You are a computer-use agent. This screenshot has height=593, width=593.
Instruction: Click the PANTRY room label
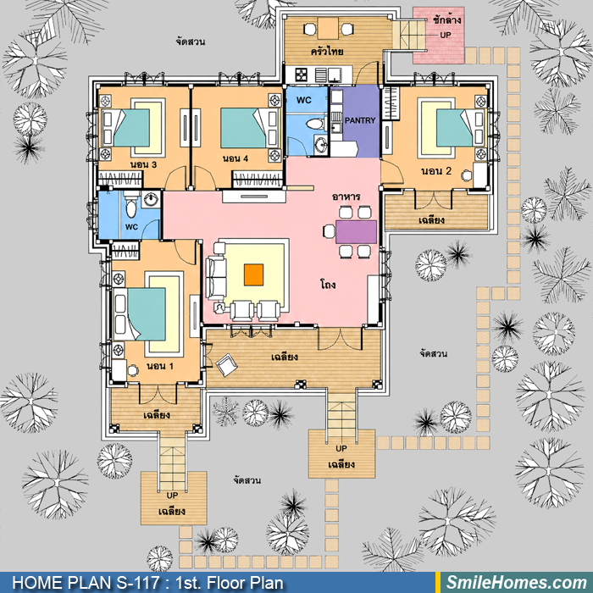(x=360, y=120)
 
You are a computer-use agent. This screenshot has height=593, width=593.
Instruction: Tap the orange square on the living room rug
(x=253, y=275)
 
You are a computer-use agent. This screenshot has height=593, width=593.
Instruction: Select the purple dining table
(x=357, y=232)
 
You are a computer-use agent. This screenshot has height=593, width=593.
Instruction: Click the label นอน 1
(x=160, y=366)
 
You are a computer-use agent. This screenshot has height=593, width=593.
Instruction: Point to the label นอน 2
(x=436, y=171)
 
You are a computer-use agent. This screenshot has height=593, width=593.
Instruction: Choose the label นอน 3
(x=143, y=164)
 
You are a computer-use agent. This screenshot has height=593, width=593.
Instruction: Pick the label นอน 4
(x=236, y=158)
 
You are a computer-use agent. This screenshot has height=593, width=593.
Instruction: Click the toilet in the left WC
(x=130, y=206)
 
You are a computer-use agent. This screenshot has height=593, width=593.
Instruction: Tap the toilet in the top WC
(x=316, y=124)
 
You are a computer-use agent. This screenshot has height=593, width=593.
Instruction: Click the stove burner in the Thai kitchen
(x=301, y=75)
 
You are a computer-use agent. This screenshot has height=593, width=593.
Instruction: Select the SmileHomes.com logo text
(x=517, y=583)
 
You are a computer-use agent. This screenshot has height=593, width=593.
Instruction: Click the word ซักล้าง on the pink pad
(x=446, y=19)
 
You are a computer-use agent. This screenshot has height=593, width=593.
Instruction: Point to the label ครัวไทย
(x=327, y=51)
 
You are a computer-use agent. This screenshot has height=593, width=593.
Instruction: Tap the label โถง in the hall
(x=328, y=285)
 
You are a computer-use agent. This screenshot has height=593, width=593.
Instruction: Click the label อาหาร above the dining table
(x=346, y=197)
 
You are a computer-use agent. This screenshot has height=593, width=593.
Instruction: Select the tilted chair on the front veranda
(x=226, y=364)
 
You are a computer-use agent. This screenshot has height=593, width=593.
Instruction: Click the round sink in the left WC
(x=152, y=199)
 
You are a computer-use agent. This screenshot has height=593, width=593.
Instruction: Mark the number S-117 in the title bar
(x=137, y=583)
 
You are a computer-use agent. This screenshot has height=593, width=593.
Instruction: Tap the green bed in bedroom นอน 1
(x=147, y=314)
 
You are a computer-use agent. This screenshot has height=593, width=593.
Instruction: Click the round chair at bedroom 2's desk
(x=467, y=175)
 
